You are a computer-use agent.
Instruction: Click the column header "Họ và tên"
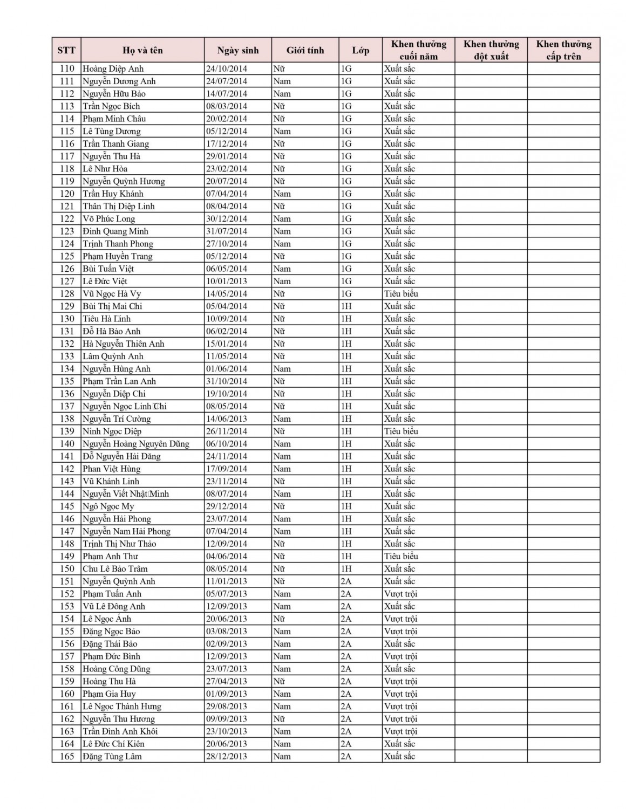pos(142,50)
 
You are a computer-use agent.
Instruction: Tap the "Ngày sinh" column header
pos(237,50)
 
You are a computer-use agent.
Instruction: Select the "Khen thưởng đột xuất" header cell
pos(491,50)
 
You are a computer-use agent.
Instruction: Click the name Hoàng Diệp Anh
pos(113,69)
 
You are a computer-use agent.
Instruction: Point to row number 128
pos(67,294)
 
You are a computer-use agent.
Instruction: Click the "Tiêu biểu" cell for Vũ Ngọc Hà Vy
pos(401,294)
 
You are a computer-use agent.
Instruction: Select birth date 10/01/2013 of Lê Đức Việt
pos(226,282)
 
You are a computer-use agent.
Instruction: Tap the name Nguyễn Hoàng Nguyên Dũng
pos(136,444)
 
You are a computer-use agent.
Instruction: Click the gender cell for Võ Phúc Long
pos(282,219)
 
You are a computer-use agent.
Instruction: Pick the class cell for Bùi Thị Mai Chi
pos(346,306)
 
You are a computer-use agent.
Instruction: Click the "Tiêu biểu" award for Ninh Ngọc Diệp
pos(401,431)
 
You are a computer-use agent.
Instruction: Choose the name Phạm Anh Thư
pos(110,557)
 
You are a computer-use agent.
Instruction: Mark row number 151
pos(67,581)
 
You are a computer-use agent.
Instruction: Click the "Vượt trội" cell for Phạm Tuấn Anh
pos(400,594)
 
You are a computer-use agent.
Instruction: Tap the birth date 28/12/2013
pos(226,756)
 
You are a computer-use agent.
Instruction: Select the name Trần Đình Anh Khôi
pos(120,731)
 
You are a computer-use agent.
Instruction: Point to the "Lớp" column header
pos(360,50)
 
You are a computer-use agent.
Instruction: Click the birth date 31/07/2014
pos(226,231)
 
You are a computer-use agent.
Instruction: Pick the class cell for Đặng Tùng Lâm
pos(346,756)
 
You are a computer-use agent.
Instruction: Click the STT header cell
pos(66,50)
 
